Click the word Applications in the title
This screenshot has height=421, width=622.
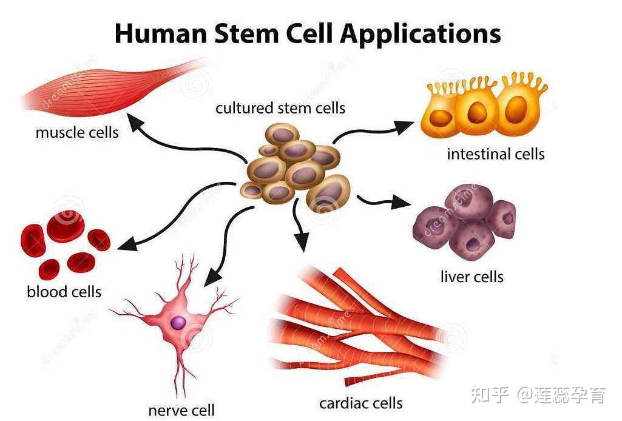tap(421, 33)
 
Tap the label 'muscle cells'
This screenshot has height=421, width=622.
tap(77, 132)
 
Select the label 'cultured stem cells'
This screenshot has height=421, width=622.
tap(280, 108)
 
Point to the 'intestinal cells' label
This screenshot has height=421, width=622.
tap(496, 154)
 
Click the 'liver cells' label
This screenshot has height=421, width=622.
tap(472, 277)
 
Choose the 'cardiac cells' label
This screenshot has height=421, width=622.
tap(361, 402)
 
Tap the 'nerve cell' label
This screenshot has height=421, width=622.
tap(181, 410)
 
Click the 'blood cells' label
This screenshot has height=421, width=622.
tap(64, 292)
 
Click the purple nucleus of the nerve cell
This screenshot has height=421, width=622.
tap(178, 323)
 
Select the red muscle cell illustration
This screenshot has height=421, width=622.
tap(109, 88)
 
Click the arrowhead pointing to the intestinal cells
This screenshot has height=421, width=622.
tap(405, 126)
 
